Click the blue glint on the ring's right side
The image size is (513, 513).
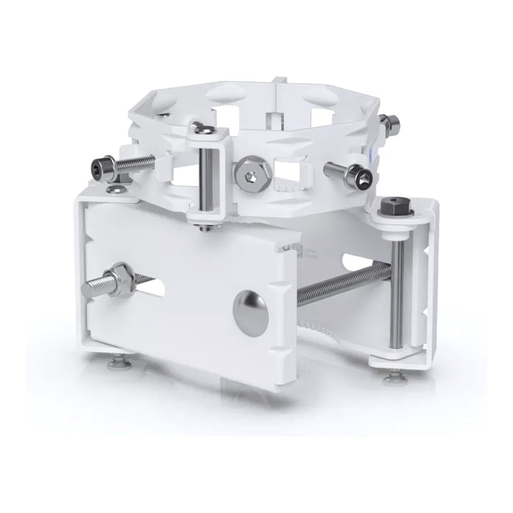point(371,156)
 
